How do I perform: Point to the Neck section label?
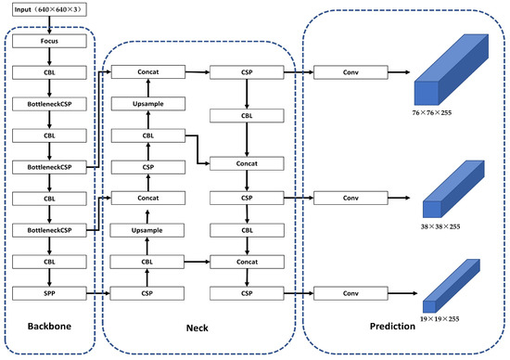pos(198,328)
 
